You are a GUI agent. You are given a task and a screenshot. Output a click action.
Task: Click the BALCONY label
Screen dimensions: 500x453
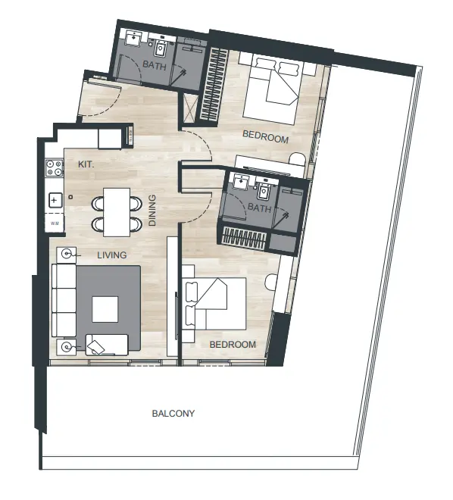tap(173, 414)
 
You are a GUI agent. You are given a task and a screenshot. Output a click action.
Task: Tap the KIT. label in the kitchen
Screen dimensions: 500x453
tap(86, 163)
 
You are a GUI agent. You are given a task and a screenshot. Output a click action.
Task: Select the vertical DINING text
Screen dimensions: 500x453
tap(152, 211)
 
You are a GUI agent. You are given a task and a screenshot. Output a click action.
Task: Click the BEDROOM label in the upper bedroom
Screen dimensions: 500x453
tap(265, 138)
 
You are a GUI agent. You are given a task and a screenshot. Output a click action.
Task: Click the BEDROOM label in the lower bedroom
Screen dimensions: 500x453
tap(233, 344)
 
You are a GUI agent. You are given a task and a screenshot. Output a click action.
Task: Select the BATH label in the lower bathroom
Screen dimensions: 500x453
tap(259, 208)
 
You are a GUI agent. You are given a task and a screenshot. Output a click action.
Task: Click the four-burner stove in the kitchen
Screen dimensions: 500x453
tap(54, 168)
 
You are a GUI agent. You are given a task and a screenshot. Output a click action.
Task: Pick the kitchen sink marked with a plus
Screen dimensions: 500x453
tap(55, 201)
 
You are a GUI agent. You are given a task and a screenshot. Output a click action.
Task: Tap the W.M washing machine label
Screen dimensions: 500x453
tap(55, 224)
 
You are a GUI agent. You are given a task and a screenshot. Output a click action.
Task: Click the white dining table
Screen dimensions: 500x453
tap(117, 211)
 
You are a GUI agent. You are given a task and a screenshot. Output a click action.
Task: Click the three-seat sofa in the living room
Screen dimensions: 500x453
tap(63, 302)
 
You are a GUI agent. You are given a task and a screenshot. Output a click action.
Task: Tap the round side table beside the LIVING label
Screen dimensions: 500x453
tap(67, 255)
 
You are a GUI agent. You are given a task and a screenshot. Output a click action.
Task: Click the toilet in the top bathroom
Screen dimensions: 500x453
tap(161, 47)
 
